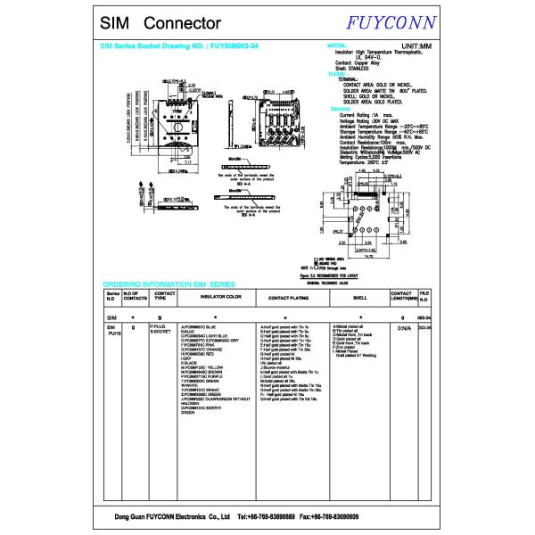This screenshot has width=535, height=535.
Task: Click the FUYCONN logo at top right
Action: click(393, 21)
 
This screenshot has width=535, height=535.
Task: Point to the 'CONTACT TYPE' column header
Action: click(164, 295)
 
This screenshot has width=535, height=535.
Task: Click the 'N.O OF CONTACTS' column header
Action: click(135, 295)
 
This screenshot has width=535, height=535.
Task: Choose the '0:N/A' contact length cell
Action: click(402, 328)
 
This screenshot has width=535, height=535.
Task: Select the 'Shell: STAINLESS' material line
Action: click(351, 67)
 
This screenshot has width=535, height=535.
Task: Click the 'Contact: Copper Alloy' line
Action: click(357, 62)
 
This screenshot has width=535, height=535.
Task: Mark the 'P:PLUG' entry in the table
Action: click(158, 327)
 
